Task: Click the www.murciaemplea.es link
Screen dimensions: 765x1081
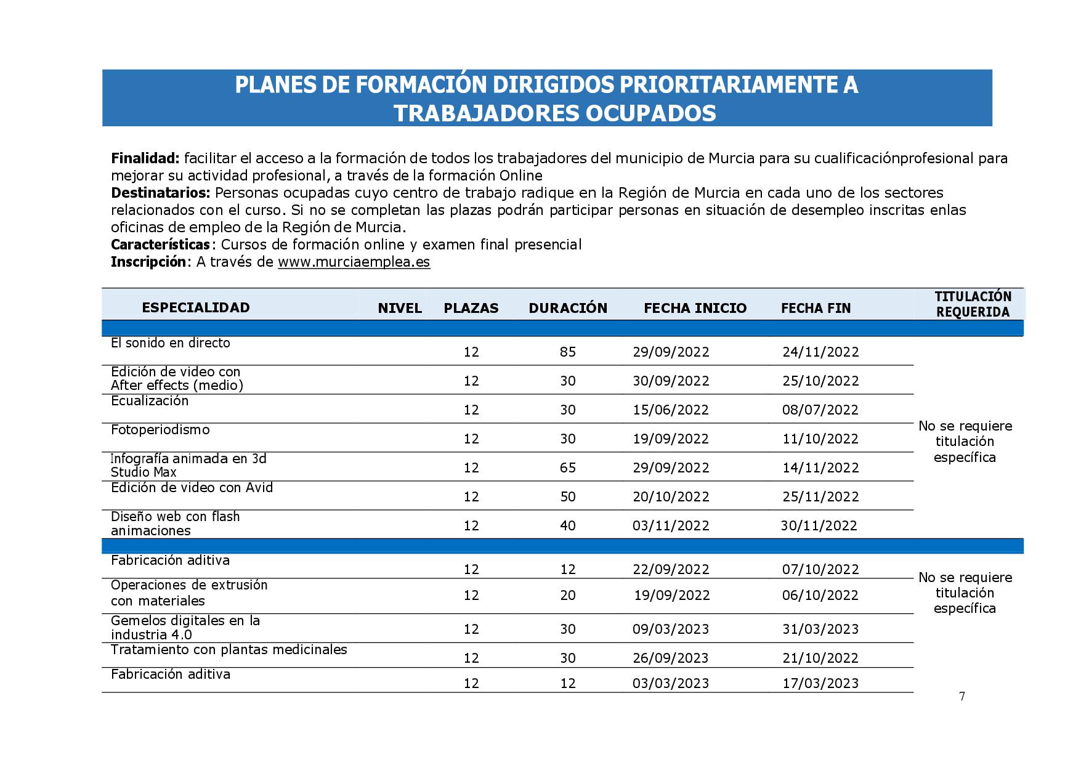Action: tap(354, 262)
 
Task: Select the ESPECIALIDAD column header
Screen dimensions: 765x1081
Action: tap(196, 307)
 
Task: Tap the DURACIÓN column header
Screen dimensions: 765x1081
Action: tap(568, 308)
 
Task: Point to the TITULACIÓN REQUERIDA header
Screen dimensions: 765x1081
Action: tap(973, 304)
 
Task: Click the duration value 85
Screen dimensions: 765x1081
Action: tap(568, 352)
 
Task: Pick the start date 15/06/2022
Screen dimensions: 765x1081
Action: tap(671, 410)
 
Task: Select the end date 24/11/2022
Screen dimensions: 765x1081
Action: tap(820, 352)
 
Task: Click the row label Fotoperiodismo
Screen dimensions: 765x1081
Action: tap(160, 429)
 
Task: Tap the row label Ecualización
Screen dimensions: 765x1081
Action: tap(150, 400)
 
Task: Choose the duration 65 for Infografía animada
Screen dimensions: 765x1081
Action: tap(568, 467)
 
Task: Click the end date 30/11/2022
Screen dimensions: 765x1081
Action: tap(819, 525)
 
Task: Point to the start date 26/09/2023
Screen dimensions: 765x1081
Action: tap(671, 658)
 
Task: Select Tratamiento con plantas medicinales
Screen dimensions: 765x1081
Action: tap(229, 649)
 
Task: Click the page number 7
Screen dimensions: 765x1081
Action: tap(962, 696)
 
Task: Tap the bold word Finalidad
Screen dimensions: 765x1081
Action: tap(145, 158)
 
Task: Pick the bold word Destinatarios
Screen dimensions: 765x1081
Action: tap(161, 193)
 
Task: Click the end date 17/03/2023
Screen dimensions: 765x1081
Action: tap(820, 683)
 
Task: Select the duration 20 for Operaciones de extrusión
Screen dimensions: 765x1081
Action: tap(568, 595)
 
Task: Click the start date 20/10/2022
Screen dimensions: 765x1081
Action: tap(671, 496)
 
